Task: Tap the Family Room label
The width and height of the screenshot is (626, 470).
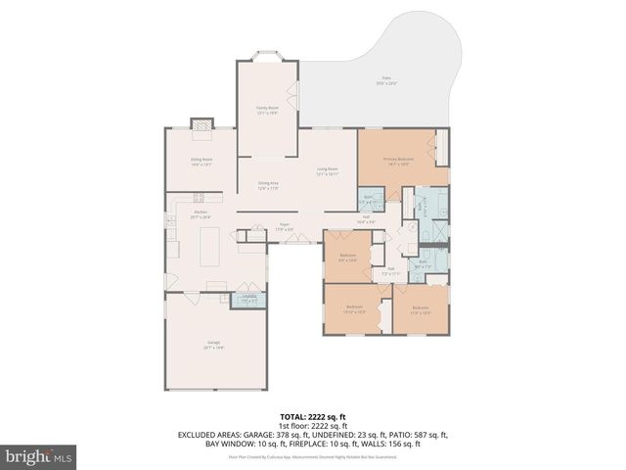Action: (x=266, y=110)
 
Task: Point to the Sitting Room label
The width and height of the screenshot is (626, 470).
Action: (x=201, y=162)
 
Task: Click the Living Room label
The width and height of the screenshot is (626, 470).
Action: (x=327, y=170)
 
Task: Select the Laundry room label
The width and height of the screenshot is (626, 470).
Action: (x=249, y=297)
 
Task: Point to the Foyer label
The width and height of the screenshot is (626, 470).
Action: (x=285, y=226)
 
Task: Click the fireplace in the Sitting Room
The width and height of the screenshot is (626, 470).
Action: (x=201, y=124)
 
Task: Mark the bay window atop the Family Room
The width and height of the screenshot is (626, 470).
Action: (x=267, y=55)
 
